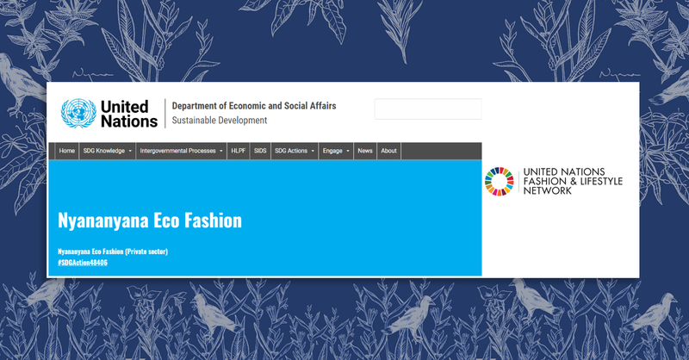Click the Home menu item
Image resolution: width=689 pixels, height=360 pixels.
click(x=67, y=151)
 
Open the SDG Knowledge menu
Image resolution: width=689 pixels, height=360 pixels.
click(x=107, y=151)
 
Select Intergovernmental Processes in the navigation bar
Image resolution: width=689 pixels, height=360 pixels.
click(x=181, y=151)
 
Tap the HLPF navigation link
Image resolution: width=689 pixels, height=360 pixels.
click(x=239, y=151)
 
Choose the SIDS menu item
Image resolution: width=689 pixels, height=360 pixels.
click(x=260, y=151)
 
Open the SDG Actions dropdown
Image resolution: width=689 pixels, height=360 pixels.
click(x=294, y=151)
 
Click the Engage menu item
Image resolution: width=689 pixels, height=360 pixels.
click(x=335, y=151)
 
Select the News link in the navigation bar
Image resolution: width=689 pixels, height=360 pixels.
click(x=365, y=151)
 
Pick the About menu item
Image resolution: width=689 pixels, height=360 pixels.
click(x=388, y=151)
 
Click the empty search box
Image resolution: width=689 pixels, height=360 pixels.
click(x=427, y=109)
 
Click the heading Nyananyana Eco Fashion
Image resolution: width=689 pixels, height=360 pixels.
click(x=149, y=220)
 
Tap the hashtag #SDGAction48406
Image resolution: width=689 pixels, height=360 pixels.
click(x=83, y=262)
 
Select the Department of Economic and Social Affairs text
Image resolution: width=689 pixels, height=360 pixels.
click(x=254, y=106)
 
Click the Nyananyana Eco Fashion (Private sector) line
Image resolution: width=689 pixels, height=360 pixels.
click(x=112, y=251)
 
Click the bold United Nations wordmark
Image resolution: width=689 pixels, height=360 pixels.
click(x=128, y=113)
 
